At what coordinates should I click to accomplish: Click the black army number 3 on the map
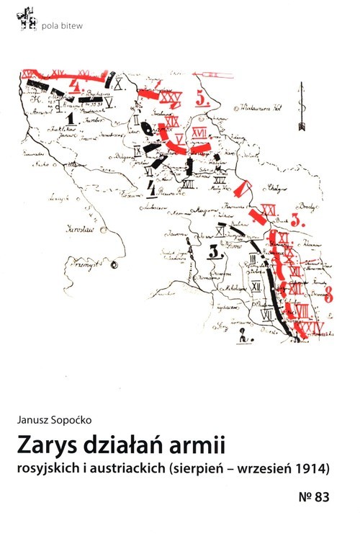click(214, 250)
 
